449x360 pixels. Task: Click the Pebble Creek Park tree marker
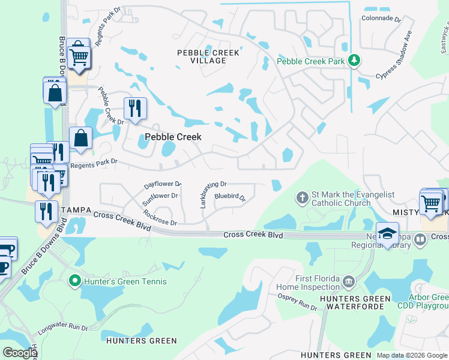point(355,60)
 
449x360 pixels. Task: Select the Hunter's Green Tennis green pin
point(74,280)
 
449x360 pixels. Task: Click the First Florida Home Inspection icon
point(348,281)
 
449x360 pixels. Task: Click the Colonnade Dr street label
point(381,19)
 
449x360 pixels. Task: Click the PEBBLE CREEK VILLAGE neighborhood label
point(208,56)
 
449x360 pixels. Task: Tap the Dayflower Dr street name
point(163,185)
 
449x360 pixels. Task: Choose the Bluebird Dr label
point(230,196)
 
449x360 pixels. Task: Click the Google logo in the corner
point(20,352)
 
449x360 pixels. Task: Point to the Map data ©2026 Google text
point(411,355)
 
